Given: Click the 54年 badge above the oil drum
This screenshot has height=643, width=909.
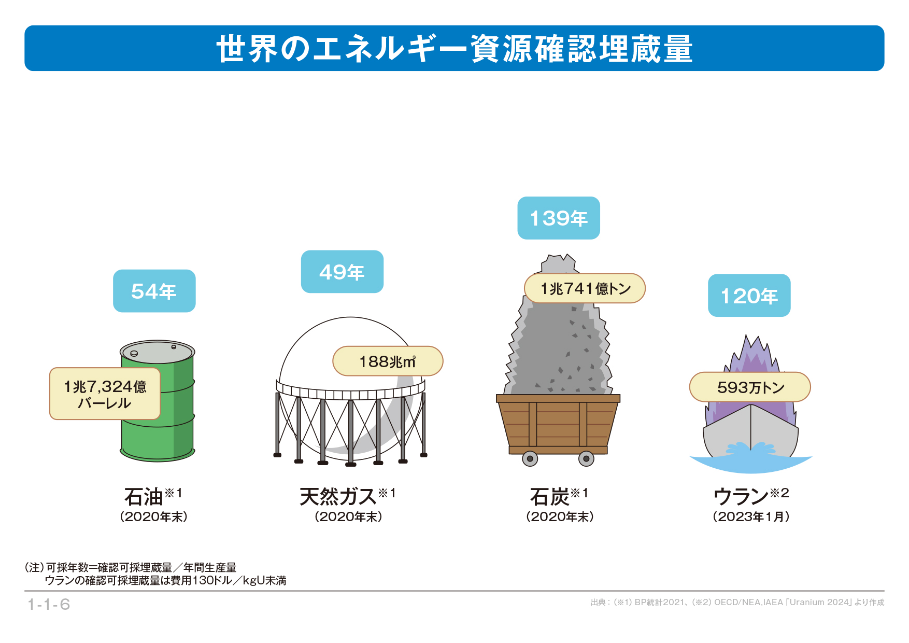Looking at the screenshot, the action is click(154, 291).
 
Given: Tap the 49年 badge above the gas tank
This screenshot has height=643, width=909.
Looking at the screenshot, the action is click(342, 272).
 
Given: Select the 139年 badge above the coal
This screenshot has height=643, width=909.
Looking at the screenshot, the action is click(559, 218).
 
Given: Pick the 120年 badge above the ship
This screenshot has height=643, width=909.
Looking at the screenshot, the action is click(749, 296).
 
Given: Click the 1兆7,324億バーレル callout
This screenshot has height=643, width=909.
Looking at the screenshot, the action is click(105, 394).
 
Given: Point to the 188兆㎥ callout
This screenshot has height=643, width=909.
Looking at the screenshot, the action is click(388, 361).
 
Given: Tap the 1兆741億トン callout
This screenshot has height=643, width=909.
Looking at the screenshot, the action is click(585, 288).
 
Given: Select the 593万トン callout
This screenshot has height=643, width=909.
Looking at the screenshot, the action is click(750, 387).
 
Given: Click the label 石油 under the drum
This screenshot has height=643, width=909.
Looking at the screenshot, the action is click(144, 497).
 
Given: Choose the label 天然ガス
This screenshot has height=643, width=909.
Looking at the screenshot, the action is click(338, 497).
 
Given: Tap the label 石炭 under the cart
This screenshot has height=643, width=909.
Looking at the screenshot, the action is click(549, 497).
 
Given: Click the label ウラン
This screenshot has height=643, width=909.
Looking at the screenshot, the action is click(741, 497).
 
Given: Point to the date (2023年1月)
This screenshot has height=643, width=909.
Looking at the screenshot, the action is click(751, 516).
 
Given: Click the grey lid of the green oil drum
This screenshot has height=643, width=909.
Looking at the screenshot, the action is click(157, 352).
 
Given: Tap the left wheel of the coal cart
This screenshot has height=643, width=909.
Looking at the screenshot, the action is click(530, 458).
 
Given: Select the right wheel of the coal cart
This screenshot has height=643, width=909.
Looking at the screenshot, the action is click(586, 458).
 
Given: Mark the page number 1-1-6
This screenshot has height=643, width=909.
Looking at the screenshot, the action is click(49, 604).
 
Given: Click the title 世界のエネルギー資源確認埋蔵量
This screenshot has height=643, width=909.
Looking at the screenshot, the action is click(454, 49).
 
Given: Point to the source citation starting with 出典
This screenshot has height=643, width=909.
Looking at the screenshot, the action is click(737, 602).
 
